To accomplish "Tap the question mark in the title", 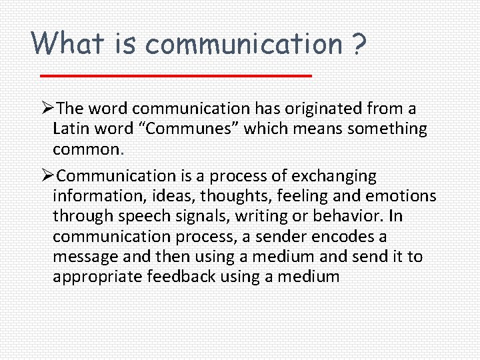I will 358,43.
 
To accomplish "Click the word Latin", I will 72,128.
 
